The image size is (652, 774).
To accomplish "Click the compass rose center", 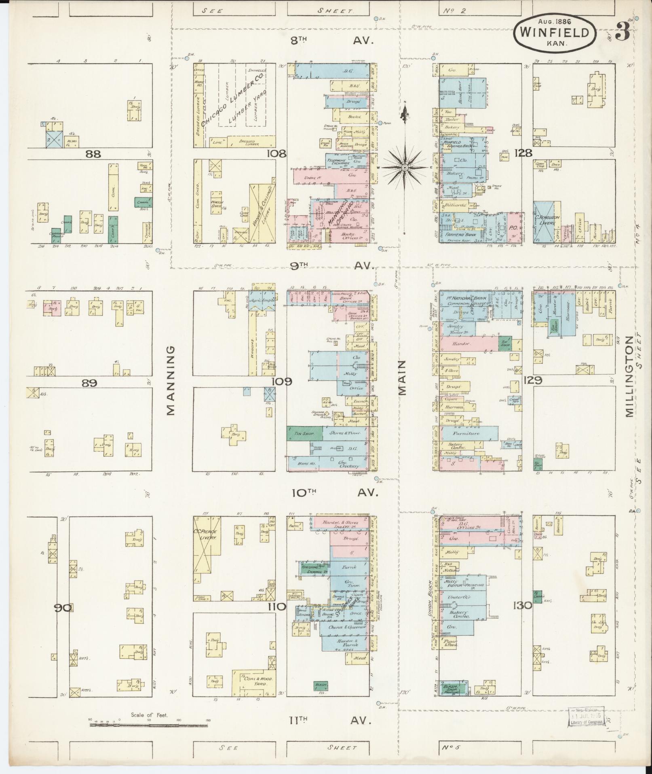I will (x=405, y=167).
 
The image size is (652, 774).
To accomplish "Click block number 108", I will (x=277, y=154).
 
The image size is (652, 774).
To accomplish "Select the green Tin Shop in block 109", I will (x=304, y=433).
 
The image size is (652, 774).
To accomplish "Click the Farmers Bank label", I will (x=459, y=235).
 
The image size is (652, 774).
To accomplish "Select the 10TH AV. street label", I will (x=334, y=493).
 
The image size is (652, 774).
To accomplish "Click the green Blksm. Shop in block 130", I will (x=452, y=689).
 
